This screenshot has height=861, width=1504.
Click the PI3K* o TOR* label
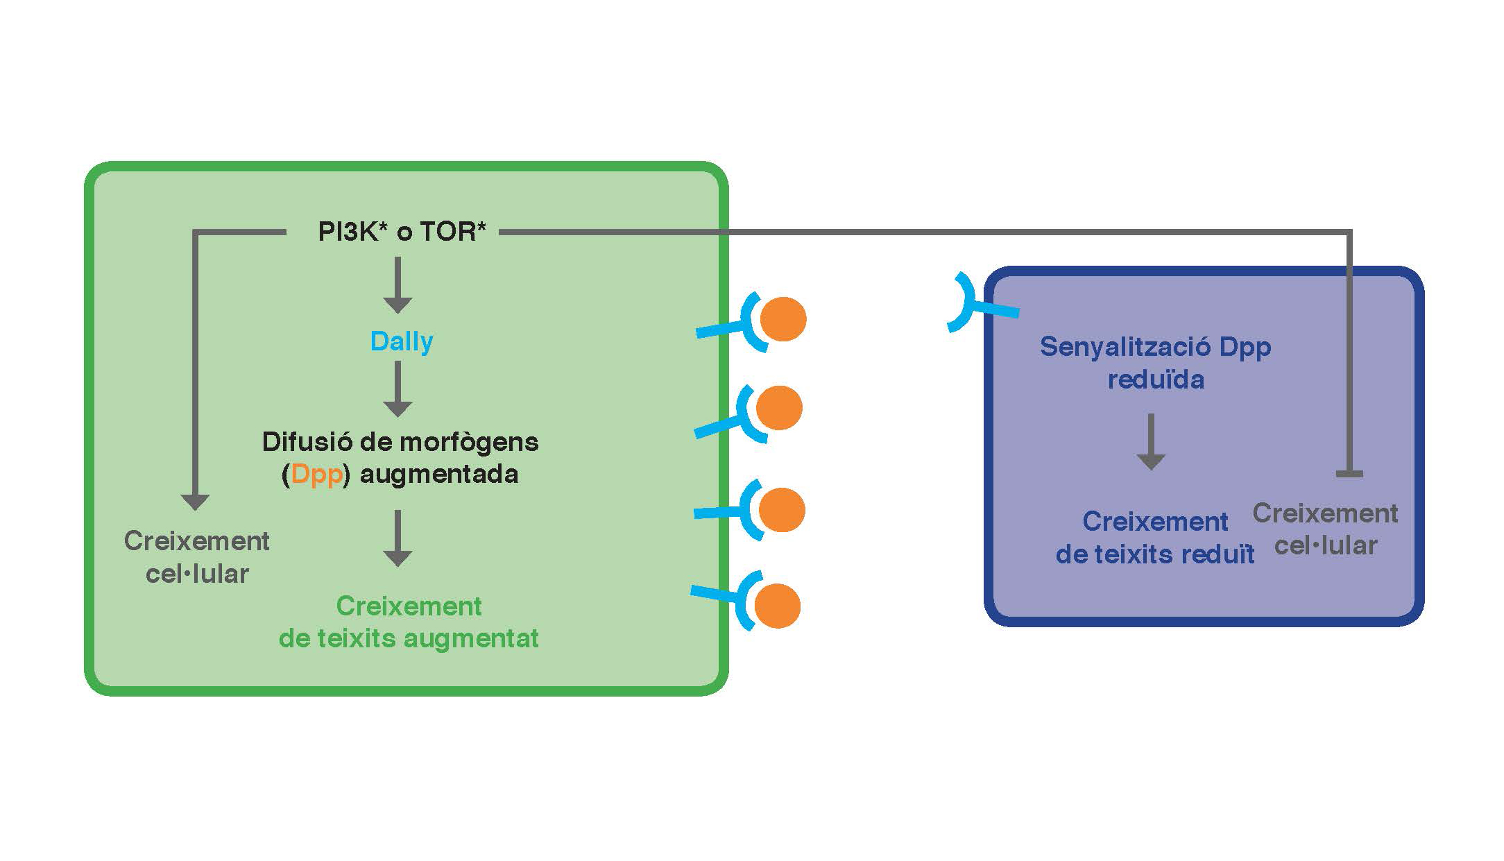coord(402,232)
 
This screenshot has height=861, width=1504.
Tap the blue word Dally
coord(402,341)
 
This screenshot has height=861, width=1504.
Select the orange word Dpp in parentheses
coord(316,475)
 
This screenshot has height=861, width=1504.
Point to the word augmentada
coord(438,475)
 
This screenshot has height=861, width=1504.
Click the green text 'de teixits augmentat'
coord(409,638)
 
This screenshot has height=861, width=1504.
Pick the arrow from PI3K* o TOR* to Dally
coord(398,284)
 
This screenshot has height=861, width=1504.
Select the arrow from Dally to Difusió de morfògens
coord(398,389)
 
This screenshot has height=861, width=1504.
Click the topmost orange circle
coord(783,319)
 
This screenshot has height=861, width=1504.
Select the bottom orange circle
coord(777,606)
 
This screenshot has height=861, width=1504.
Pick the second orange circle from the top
coord(779,408)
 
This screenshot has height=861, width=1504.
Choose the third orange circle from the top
coord(782,510)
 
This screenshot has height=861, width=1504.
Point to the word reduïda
coord(1156,380)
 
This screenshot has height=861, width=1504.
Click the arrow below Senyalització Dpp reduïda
coord(1151,442)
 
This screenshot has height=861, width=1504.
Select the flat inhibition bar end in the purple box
coord(1349,474)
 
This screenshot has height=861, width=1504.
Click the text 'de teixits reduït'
coord(1155,554)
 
